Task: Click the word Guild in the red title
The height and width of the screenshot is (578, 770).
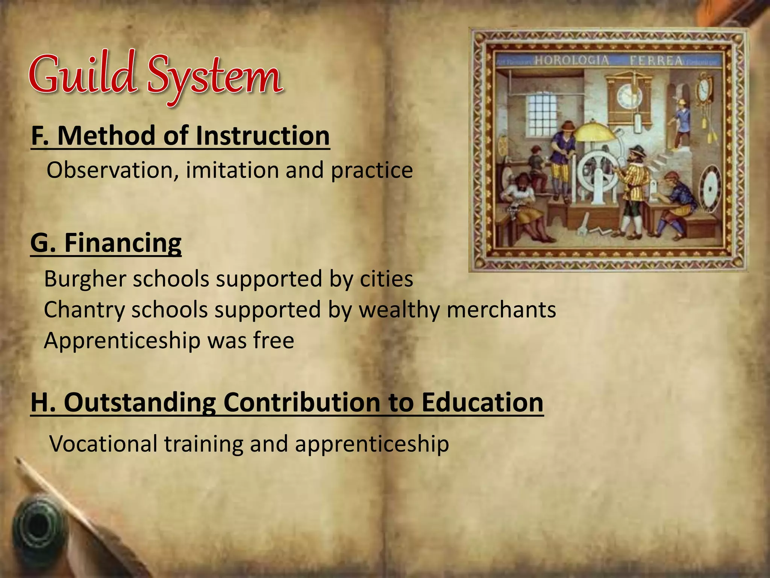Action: [x=82, y=73]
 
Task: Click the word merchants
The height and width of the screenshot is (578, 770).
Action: [x=501, y=310]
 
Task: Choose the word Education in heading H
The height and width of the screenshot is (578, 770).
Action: [x=482, y=402]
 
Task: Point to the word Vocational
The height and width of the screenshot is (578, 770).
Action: [x=103, y=444]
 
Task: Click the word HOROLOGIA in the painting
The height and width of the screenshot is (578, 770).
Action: [x=571, y=60]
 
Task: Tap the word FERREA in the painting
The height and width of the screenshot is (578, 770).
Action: [x=656, y=61]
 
